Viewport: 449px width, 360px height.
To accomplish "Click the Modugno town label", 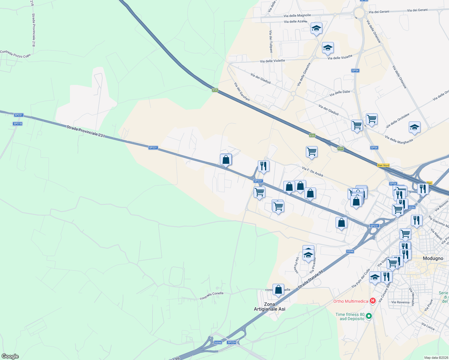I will (x=433, y=258).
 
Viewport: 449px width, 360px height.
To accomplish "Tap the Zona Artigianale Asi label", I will (x=270, y=307).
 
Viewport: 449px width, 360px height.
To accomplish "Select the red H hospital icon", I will (x=373, y=301).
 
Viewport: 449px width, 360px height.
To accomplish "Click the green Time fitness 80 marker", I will (x=369, y=316).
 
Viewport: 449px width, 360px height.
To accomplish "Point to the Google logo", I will (x=10, y=356).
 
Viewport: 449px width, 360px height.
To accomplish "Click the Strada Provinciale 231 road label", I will (x=86, y=132).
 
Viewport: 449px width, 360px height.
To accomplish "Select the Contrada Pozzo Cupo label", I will (x=15, y=54).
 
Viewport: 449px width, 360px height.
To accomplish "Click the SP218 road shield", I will (x=18, y=124).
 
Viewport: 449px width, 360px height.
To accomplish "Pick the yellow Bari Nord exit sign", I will (x=383, y=165).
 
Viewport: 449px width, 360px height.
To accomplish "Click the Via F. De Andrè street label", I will (x=312, y=172).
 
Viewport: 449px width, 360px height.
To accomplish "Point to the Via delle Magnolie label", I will (x=297, y=16).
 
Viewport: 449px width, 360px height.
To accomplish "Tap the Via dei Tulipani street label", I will (x=271, y=41).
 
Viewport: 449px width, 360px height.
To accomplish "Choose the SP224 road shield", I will (x=232, y=342).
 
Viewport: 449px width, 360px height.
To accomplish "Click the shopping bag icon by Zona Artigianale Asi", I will (x=278, y=290).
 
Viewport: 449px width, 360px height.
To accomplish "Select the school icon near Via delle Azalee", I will (x=316, y=28).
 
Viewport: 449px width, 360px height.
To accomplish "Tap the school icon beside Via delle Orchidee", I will (x=414, y=127).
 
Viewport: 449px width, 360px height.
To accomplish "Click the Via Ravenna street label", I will (x=400, y=302).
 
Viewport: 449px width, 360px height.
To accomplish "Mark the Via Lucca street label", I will (x=428, y=326).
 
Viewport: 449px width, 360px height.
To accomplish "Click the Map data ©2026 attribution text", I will (x=436, y=358).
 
